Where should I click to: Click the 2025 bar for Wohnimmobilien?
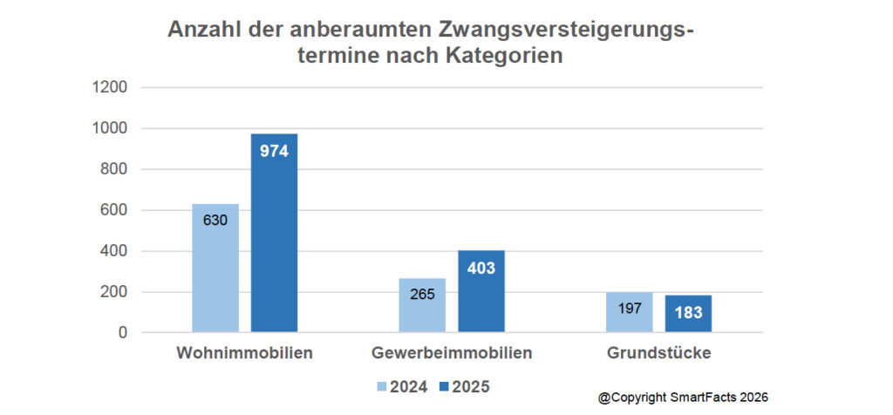(274, 233)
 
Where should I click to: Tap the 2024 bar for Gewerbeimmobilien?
(422, 305)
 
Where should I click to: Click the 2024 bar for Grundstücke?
(629, 312)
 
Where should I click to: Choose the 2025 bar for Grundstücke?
(688, 314)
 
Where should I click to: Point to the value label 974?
(274, 150)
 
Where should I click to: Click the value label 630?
(215, 221)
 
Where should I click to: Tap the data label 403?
(481, 268)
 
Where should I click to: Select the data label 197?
(629, 309)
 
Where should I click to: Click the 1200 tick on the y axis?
(111, 87)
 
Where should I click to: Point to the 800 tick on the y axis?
(115, 169)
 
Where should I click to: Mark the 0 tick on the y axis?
(122, 333)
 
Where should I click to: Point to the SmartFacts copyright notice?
(683, 398)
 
